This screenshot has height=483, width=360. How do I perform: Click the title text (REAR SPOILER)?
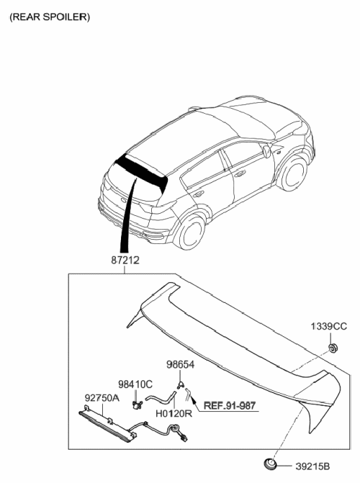50,17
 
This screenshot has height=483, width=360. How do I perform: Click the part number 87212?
125,261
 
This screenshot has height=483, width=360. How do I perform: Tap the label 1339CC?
328,326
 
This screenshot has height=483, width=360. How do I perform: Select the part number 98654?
180,365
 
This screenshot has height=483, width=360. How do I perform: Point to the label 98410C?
135,384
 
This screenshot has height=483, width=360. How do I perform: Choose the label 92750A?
102,398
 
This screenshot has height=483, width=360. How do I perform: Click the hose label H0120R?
174,414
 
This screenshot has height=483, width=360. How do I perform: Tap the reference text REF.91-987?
230,406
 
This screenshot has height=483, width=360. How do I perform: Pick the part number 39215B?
312,466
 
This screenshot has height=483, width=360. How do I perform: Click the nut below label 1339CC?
333,348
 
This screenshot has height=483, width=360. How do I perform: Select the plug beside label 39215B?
270,464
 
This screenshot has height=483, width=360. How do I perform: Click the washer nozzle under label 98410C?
137,405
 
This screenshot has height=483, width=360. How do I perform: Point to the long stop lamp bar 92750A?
107,424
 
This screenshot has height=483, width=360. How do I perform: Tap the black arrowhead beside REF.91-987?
194,400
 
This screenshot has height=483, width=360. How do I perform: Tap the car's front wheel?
294,173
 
